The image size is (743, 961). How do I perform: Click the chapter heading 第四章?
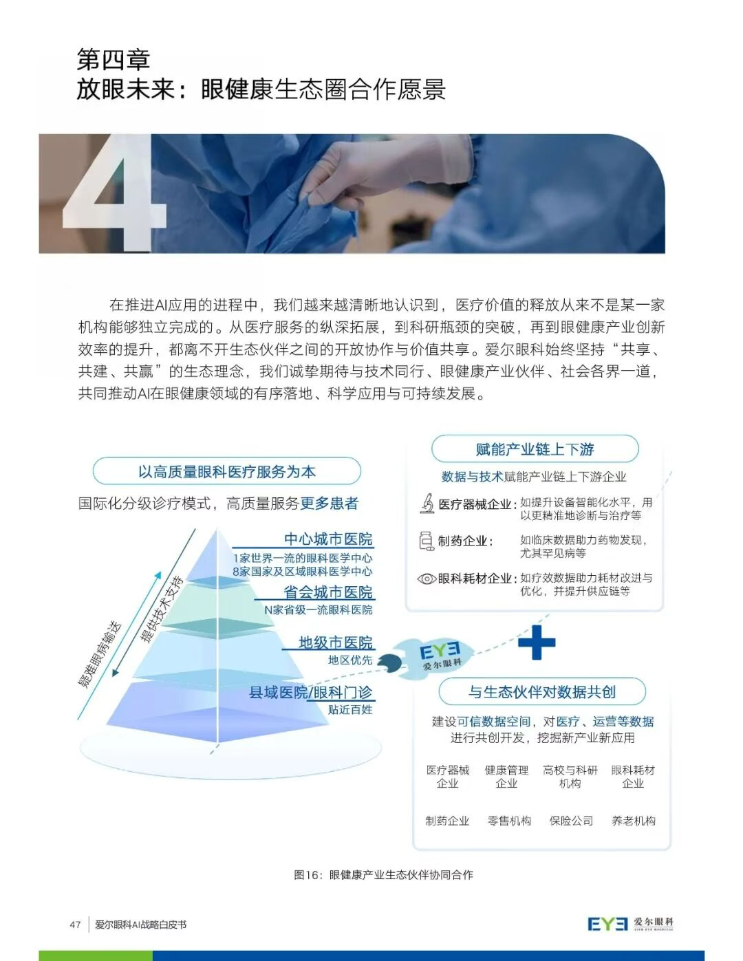coord(114,60)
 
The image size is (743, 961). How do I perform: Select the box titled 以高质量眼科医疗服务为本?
coord(226,472)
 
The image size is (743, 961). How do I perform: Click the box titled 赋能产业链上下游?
coord(535,449)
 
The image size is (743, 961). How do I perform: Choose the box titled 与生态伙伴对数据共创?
coord(542,692)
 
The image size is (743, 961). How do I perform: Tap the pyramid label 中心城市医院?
coord(328,539)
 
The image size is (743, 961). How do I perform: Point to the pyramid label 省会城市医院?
coord(328,592)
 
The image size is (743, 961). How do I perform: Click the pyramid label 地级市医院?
coord(336,643)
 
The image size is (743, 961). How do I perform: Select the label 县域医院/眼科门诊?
coord(310,693)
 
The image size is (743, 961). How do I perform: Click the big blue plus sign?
coord(536,642)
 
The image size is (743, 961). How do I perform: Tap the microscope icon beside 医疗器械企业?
coord(427,504)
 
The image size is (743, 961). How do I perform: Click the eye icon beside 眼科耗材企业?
coord(427,579)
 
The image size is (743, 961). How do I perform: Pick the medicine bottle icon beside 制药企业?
coord(427,541)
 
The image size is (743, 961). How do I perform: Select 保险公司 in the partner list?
coord(571,821)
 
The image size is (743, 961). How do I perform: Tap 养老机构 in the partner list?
coord(633,821)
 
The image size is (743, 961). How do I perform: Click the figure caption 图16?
coord(383,875)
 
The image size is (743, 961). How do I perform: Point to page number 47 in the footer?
coord(75,925)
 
